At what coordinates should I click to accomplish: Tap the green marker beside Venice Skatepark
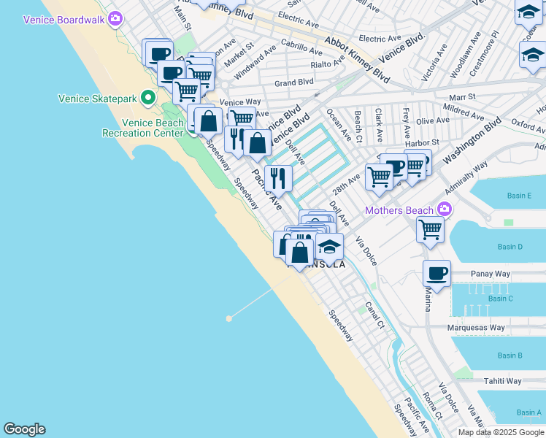pyautogui.click(x=148, y=97)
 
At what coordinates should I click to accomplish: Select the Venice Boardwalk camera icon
pyautogui.click(x=115, y=18)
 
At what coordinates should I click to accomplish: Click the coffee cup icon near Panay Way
pyautogui.click(x=437, y=274)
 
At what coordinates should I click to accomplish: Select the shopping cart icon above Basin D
pyautogui.click(x=431, y=229)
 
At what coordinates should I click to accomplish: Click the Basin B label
pyautogui.click(x=510, y=356)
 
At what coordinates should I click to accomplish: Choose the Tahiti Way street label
pyautogui.click(x=504, y=381)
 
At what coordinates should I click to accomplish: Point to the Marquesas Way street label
pyautogui.click(x=477, y=328)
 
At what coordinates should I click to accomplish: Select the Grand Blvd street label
pyautogui.click(x=293, y=82)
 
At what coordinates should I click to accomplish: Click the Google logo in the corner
pyautogui.click(x=24, y=429)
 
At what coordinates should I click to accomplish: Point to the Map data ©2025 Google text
pyautogui.click(x=501, y=432)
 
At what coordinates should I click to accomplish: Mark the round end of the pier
pyautogui.click(x=229, y=318)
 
